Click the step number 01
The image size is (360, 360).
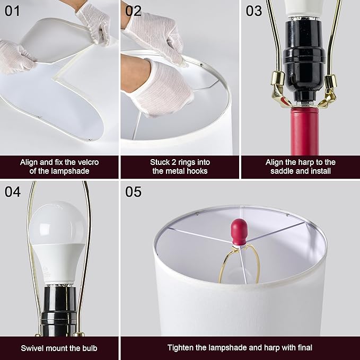tap(12, 11)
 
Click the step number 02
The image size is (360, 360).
tap(133, 11)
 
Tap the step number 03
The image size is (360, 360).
tap(254, 11)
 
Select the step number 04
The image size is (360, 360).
tap(13, 192)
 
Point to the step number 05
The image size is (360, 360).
tap(133, 192)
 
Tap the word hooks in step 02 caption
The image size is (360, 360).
tap(197, 171)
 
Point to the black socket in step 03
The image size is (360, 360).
tap(304, 62)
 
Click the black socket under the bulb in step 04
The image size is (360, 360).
tap(59, 310)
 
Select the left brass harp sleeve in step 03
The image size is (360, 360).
tap(278, 78)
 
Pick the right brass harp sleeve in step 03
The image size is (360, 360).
tap(330, 81)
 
